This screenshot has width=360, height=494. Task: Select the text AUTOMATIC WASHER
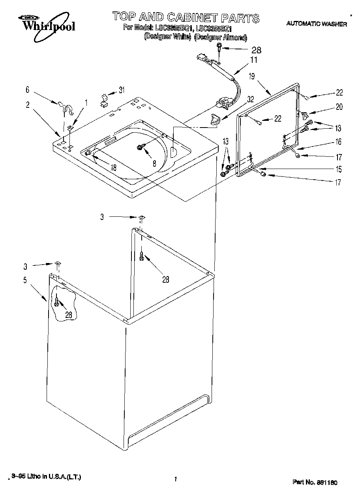tap(316, 24)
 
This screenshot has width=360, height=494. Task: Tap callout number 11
tap(253, 60)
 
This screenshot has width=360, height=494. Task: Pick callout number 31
tap(121, 90)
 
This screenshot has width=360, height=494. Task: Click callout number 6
tap(28, 90)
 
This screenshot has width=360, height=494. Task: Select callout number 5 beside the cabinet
tap(25, 280)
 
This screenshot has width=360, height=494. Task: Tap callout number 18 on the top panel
tap(113, 167)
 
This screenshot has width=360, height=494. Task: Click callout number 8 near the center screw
tap(154, 163)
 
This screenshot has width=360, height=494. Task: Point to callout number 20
tap(339, 107)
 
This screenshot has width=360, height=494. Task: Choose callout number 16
tap(339, 142)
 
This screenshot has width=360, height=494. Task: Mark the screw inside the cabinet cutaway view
tap(58, 302)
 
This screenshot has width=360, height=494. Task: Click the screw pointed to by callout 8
tap(139, 147)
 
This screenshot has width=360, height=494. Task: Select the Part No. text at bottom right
tap(315, 482)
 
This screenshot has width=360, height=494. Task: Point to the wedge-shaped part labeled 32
tap(216, 119)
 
